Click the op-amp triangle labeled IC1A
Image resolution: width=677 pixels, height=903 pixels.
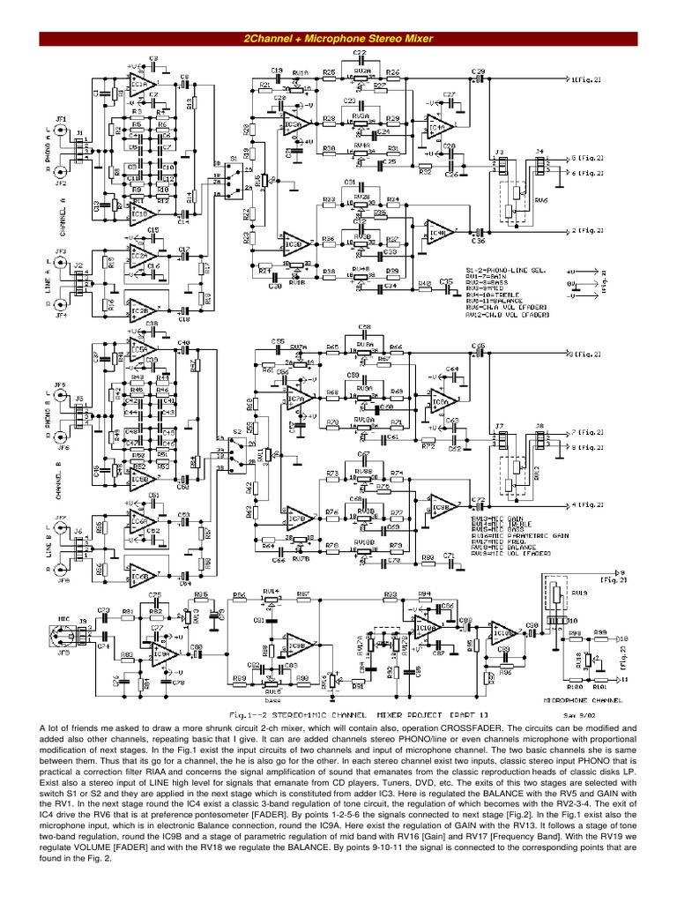click(140, 85)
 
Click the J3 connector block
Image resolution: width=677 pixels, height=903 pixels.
click(501, 165)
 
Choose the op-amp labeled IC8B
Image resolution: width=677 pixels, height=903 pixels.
click(294, 519)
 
